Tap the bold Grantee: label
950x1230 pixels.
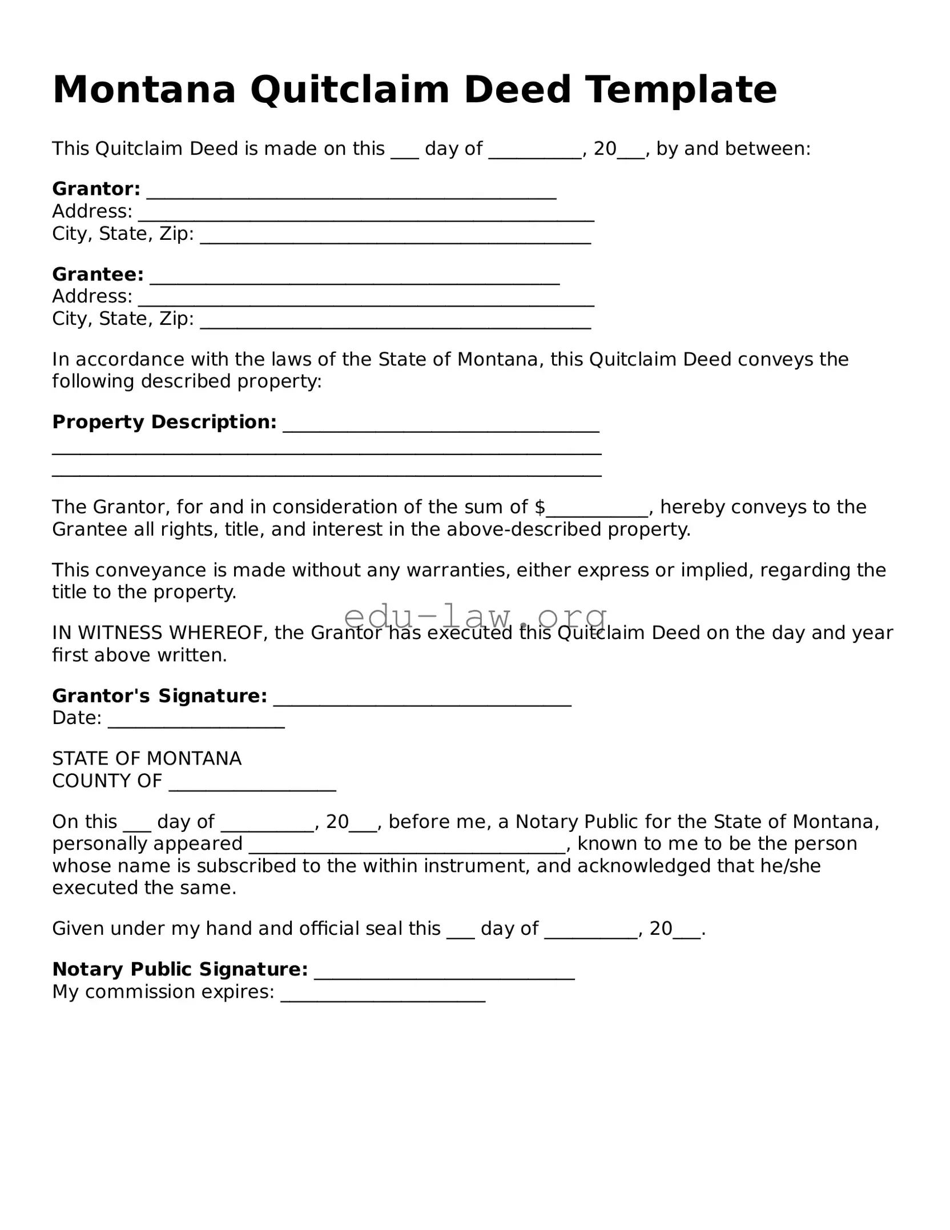point(98,275)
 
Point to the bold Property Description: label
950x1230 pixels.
point(164,422)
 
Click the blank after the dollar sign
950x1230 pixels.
point(597,508)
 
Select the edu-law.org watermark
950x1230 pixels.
point(475,616)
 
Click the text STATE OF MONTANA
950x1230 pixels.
point(147,759)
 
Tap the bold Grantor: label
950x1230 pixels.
point(96,189)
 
